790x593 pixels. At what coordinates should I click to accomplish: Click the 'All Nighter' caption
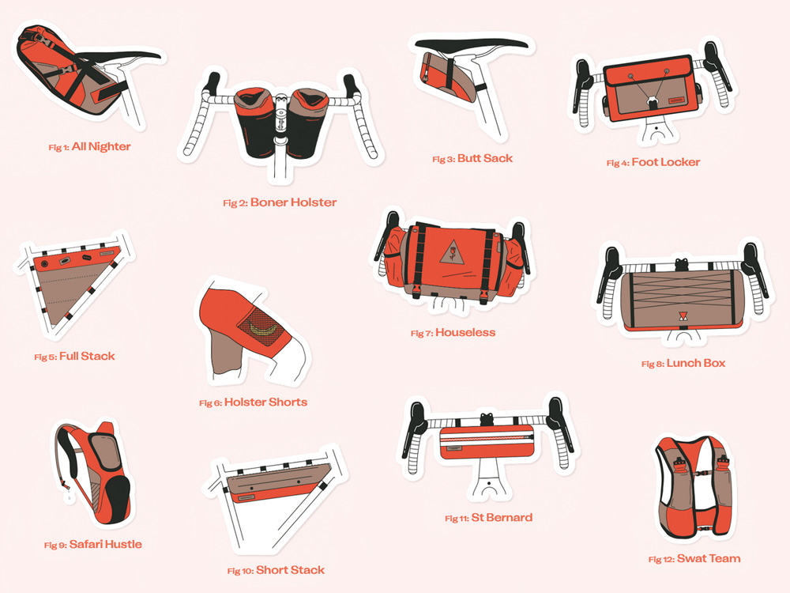point(101,147)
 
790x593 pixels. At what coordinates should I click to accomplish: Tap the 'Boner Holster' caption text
point(293,202)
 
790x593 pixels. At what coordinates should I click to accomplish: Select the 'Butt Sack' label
point(485,158)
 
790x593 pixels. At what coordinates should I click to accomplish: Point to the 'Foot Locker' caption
point(665,162)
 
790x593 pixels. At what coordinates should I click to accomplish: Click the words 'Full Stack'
point(87,356)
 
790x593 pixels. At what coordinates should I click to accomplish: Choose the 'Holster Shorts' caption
point(265,402)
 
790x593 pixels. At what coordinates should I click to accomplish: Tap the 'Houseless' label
point(465,332)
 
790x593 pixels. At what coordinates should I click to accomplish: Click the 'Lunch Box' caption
point(696,363)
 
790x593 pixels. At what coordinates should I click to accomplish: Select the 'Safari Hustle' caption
point(105,544)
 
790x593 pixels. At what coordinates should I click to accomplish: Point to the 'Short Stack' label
point(290,570)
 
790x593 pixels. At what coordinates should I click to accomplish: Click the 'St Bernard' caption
point(502,517)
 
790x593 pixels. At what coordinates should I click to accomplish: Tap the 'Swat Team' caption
point(709,558)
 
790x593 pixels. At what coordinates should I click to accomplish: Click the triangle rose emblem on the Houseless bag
point(452,251)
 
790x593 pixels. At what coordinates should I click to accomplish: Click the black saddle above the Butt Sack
point(471,44)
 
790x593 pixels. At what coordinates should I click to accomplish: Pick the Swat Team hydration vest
point(694,487)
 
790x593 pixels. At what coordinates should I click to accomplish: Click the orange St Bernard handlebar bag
point(486,442)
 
